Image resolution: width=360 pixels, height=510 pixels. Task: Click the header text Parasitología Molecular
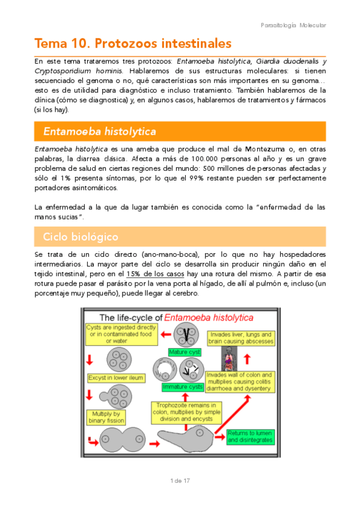pos(294,25)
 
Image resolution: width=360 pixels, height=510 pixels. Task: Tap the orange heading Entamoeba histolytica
pos(100,131)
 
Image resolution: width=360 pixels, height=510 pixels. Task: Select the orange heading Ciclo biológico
pos(81,236)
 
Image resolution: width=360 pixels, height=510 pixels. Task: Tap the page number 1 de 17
pos(180,481)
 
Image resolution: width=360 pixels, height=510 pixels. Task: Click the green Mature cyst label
pos(185,352)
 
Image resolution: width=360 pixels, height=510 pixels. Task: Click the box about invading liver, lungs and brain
pos(241,338)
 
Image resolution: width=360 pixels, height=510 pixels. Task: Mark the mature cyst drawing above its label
pos(184,334)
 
